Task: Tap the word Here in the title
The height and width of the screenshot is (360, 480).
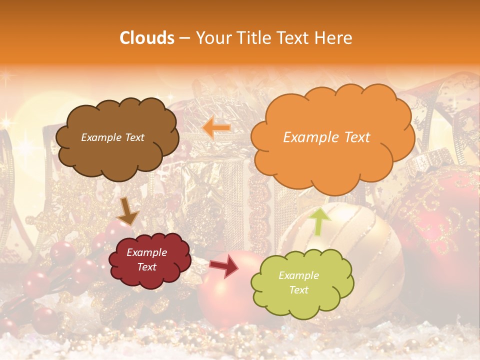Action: pyautogui.click(x=334, y=38)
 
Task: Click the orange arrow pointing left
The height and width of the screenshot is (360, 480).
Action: pyautogui.click(x=216, y=128)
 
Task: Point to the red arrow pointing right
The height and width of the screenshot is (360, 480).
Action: pyautogui.click(x=224, y=266)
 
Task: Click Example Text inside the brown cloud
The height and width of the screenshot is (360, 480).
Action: pyautogui.click(x=112, y=137)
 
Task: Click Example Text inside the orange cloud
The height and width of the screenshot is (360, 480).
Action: pyautogui.click(x=326, y=137)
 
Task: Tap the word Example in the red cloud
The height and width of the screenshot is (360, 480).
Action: pyautogui.click(x=146, y=252)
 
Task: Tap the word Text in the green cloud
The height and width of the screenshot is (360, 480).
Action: pyautogui.click(x=298, y=290)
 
